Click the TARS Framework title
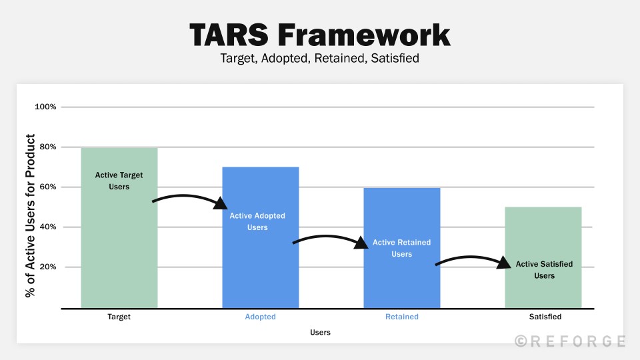point(319,34)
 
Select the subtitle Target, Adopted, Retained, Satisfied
point(319,58)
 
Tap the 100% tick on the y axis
point(45,107)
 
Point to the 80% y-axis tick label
point(46,147)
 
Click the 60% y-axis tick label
point(46,187)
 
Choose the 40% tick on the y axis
point(46,227)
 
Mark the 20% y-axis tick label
point(46,267)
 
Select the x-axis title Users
point(319,332)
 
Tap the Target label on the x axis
point(119,317)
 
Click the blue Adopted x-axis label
point(260,317)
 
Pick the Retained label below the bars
point(401,317)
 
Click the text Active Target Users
point(119,181)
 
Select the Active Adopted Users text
point(257,221)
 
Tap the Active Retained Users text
point(401,248)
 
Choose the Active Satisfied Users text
point(544,269)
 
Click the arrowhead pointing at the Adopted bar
point(221,203)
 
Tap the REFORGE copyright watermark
point(570,341)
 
